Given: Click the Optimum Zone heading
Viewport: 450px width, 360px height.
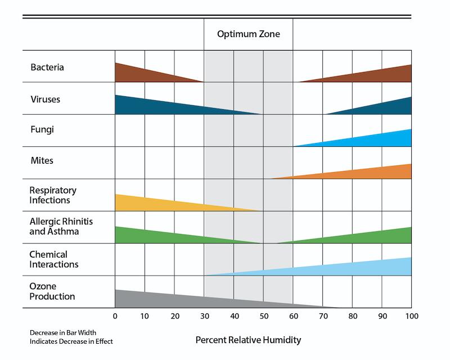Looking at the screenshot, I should [x=248, y=34].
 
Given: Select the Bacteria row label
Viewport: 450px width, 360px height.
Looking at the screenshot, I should [x=47, y=67].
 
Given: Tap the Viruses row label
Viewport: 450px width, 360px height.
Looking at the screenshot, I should [x=45, y=100].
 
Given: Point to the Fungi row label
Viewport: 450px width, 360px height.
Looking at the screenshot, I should [x=42, y=130].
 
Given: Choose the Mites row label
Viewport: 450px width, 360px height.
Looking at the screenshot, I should [x=43, y=161].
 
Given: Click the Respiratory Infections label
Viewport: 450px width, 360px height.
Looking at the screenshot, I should [x=53, y=195].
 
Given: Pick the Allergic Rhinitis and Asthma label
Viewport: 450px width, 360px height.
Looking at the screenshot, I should [x=61, y=227].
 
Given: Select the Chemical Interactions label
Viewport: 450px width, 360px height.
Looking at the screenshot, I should [x=54, y=259].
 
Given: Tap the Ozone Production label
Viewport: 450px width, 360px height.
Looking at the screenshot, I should [x=52, y=291].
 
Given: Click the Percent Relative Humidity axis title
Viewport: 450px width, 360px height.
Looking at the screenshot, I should [x=248, y=340].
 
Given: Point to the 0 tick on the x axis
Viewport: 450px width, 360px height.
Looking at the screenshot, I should [x=115, y=317].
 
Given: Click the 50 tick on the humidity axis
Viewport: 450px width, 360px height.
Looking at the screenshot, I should [x=263, y=317].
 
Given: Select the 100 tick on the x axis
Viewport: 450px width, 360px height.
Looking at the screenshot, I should [x=411, y=317].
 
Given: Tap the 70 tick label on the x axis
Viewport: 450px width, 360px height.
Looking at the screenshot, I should [x=322, y=317].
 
